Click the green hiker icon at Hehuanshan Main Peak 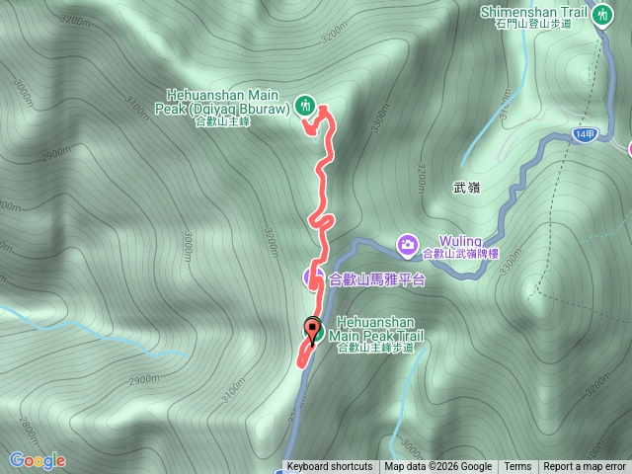coord(305,103)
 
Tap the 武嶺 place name coord(466,188)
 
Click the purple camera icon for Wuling coord(408,243)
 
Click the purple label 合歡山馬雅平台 coord(376,279)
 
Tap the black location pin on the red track coord(313,330)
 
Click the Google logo coord(38,460)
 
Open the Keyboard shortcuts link coord(330,467)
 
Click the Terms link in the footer coord(517,467)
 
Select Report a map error coord(585,467)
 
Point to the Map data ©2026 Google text coord(437,467)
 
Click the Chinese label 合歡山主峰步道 coord(375,348)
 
